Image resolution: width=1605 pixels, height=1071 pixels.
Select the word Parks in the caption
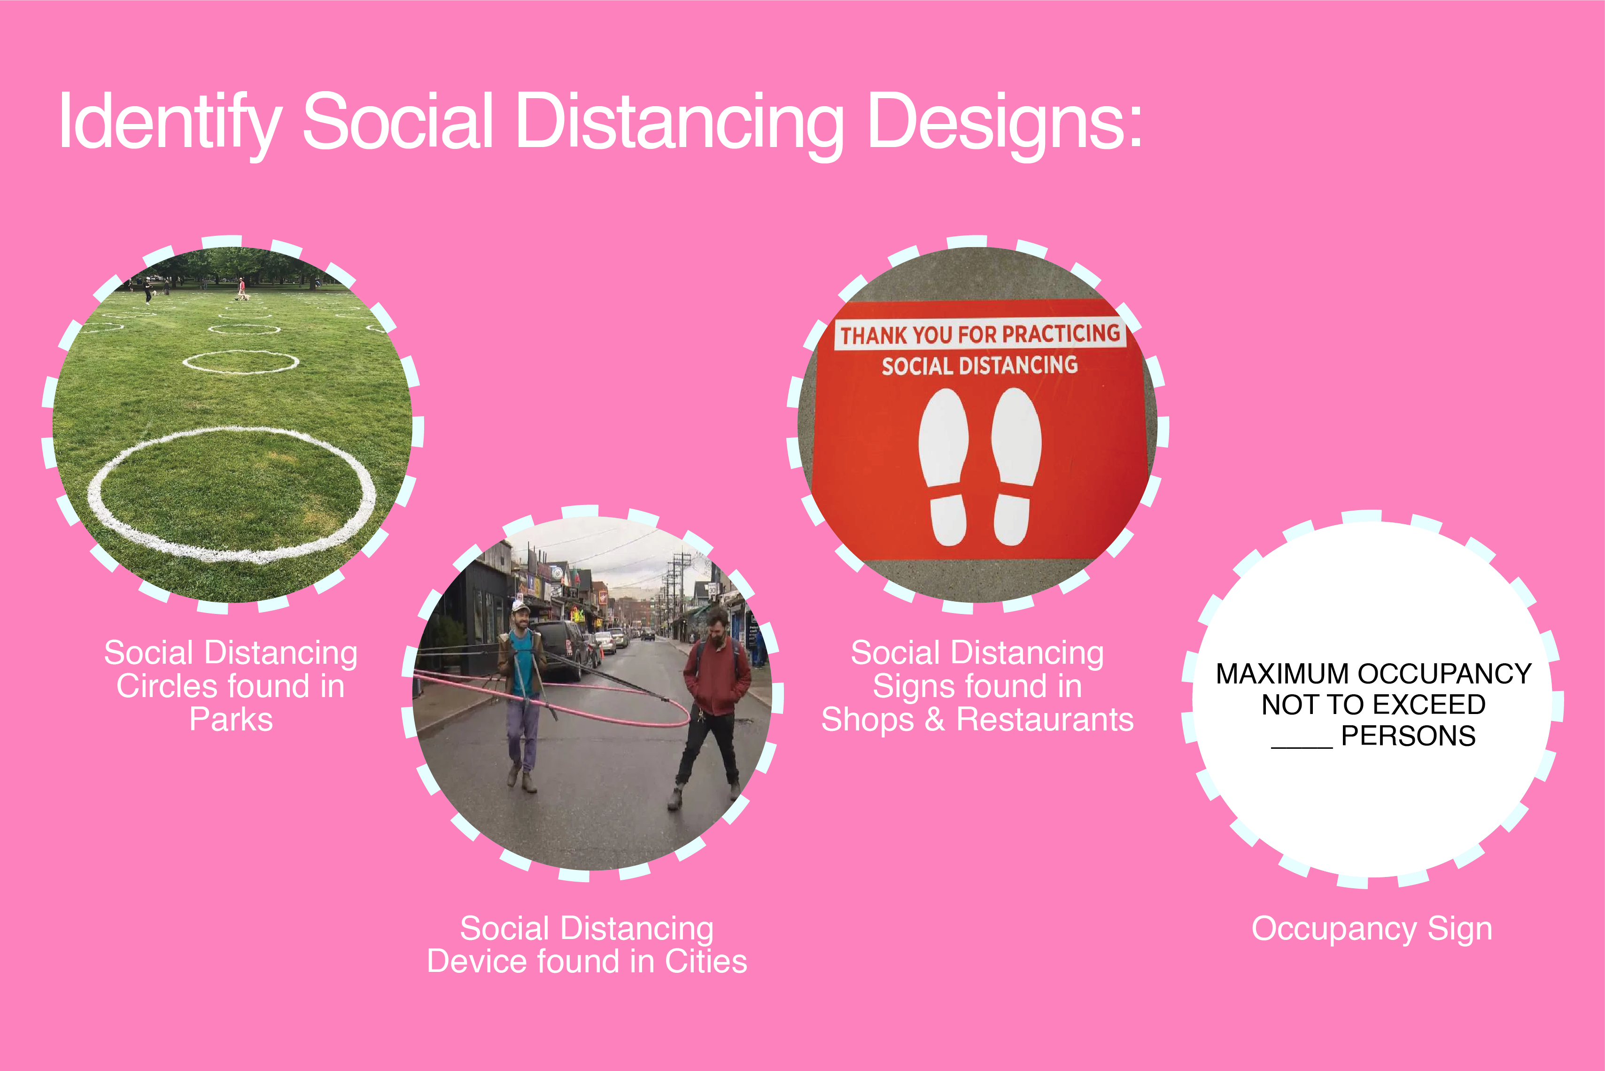pos(231,719)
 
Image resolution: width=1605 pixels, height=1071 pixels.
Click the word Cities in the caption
pos(706,961)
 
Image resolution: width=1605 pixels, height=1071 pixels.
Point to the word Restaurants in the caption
pos(1045,719)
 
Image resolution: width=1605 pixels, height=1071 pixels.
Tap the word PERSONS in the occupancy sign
pos(1408,736)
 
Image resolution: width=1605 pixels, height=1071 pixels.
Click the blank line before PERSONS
pos(1302,747)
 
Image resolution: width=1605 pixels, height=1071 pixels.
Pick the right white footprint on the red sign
pos(1015,466)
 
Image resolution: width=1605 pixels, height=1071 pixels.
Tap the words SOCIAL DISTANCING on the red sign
pos(979,365)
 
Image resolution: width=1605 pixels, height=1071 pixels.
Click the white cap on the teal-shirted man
pos(520,606)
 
